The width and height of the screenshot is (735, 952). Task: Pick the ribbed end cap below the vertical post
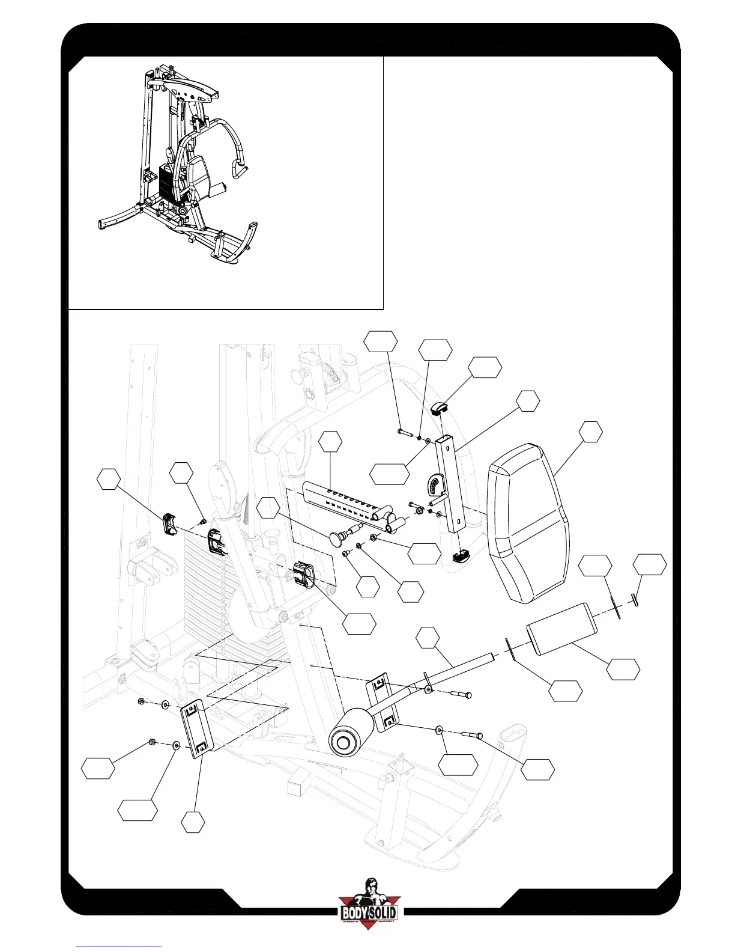click(461, 556)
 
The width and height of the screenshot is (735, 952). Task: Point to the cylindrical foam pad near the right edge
click(561, 629)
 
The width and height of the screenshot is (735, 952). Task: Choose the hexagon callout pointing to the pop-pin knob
click(268, 509)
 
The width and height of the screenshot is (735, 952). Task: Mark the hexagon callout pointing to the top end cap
click(485, 368)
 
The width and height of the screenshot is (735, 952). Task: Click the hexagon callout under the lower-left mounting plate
click(193, 822)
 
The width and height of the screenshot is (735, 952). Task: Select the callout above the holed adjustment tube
click(330, 441)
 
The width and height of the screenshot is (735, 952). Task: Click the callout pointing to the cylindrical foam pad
click(623, 669)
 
